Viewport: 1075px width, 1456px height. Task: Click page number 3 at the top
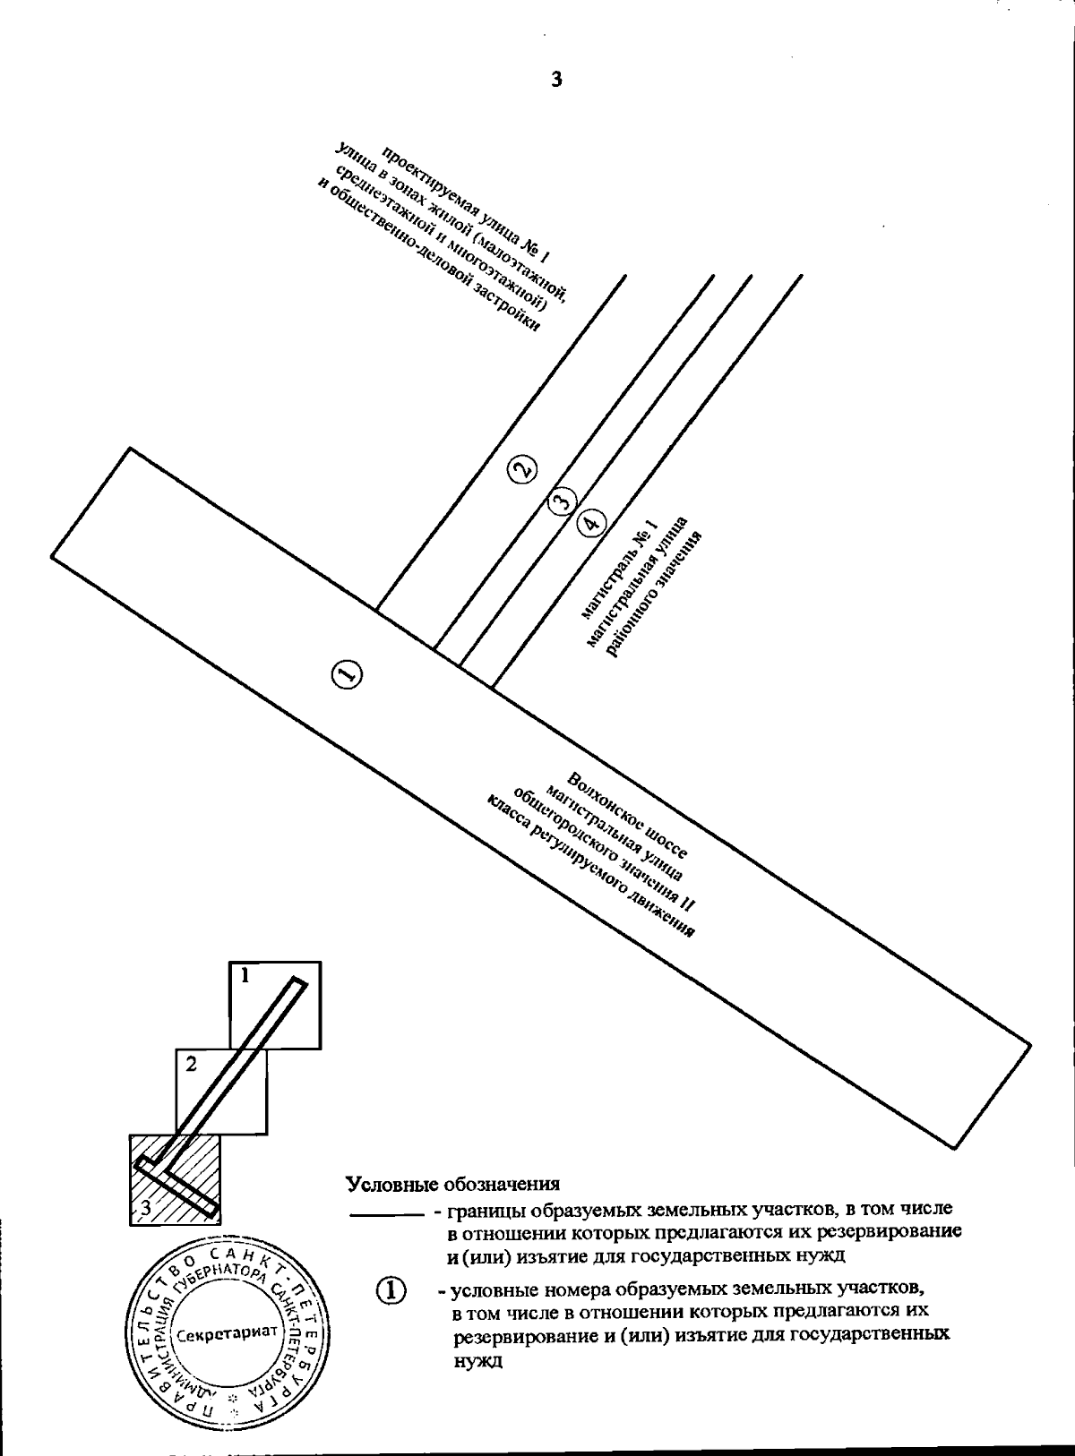tap(556, 81)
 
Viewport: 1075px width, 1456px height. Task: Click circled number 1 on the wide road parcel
tap(346, 674)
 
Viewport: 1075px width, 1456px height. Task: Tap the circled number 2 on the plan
tap(521, 468)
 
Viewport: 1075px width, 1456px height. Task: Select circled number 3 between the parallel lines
tap(561, 501)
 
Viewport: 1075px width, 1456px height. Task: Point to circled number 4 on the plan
tap(590, 522)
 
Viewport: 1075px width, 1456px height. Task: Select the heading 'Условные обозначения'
tap(452, 1184)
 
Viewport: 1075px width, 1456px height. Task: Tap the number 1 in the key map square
tap(243, 976)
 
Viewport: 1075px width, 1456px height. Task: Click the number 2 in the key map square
tap(191, 1065)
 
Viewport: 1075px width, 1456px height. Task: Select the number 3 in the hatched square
tap(144, 1210)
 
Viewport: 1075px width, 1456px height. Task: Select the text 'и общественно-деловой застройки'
tap(430, 256)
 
